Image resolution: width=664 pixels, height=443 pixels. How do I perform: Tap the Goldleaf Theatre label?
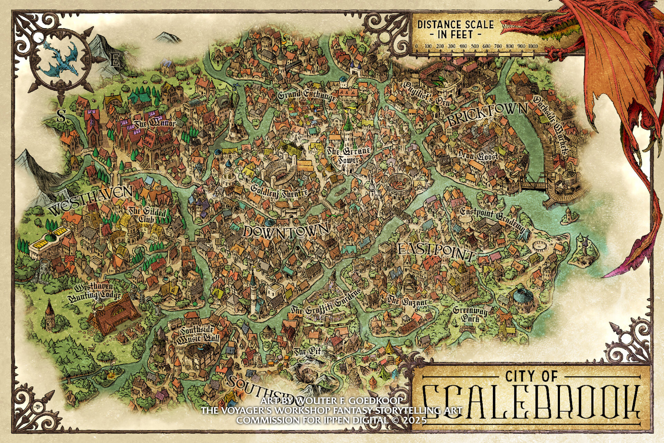tap(279, 190)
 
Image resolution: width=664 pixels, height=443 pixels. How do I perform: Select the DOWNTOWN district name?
tap(286, 230)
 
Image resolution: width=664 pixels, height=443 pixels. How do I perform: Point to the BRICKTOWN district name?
tap(488, 114)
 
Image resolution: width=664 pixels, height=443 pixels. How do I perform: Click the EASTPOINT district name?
tap(436, 251)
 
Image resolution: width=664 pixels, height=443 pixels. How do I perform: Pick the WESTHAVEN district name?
tap(91, 200)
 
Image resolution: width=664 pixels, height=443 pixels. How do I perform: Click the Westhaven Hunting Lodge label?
tap(94, 291)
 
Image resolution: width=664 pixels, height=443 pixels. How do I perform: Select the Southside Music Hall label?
tap(197, 335)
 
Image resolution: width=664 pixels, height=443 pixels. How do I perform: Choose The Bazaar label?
tap(407, 300)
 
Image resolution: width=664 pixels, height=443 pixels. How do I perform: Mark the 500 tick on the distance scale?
tap(475, 46)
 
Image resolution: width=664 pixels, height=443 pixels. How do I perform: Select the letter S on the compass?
tap(61, 116)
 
